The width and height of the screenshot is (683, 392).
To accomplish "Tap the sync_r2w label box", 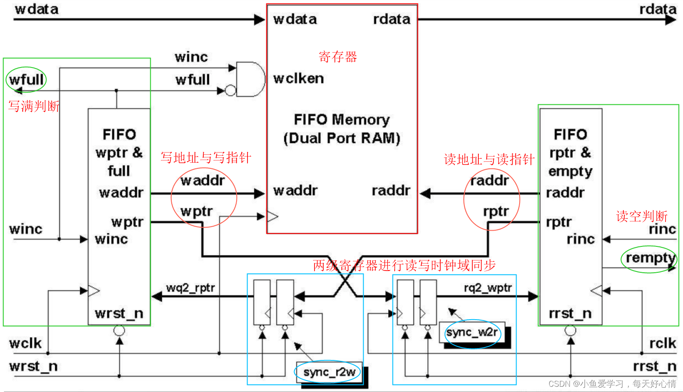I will tap(329, 372).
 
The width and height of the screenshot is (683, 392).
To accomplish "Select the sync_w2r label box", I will tap(472, 332).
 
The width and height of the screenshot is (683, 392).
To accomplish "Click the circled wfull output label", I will tap(26, 80).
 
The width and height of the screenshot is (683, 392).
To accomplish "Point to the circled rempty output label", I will tap(650, 258).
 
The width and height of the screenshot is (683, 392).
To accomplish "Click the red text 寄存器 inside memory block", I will tap(338, 57).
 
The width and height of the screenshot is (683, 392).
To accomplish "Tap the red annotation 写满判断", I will tap(34, 106).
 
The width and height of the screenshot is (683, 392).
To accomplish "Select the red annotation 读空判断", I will tap(641, 216).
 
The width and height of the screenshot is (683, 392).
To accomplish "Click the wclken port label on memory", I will tap(298, 78).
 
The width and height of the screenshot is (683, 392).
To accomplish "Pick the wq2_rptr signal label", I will tap(191, 288).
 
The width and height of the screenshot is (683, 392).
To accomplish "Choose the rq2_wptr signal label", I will tap(488, 288).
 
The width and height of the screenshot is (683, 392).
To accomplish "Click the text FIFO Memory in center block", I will tap(342, 119).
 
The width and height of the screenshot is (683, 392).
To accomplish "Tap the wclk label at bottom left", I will tap(25, 343).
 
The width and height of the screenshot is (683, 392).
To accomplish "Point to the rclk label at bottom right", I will tap(662, 343).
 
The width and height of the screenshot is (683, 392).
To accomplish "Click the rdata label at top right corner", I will tap(657, 9).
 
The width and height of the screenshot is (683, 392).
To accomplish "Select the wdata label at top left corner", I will tap(36, 9).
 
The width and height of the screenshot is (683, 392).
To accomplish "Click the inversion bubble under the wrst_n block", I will tap(119, 331).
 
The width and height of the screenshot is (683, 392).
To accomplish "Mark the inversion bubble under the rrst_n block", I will tap(570, 331).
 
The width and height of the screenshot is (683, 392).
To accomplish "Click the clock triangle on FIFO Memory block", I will tap(272, 216).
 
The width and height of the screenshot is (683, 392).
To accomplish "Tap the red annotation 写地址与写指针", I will tap(205, 158).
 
